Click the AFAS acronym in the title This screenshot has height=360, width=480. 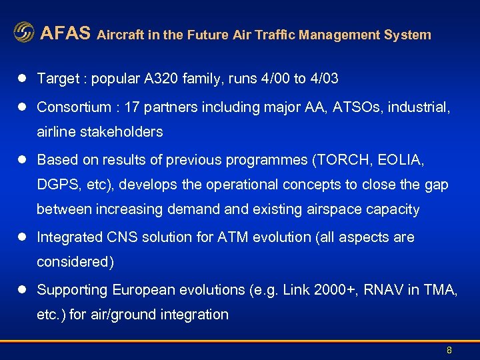65,33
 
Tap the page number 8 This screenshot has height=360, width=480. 449,350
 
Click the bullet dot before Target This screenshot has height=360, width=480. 21,79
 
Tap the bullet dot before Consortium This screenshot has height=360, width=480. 21,107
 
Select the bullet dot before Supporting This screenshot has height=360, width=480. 21,290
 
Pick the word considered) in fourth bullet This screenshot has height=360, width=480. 75,262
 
